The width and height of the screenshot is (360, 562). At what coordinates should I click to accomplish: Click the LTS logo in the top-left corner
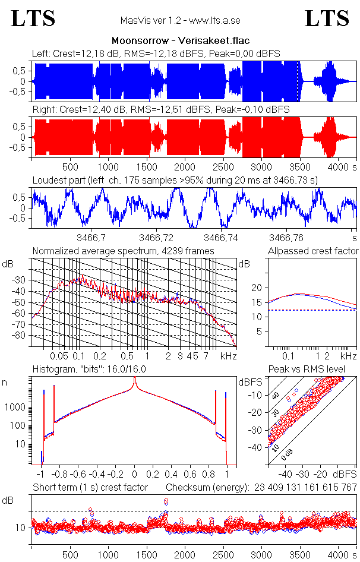click(x=33, y=18)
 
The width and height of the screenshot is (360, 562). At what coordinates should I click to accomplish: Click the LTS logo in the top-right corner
click(x=327, y=18)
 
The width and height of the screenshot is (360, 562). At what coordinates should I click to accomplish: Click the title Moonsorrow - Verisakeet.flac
click(x=180, y=41)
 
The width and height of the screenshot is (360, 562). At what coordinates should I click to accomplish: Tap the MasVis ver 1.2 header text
click(x=180, y=21)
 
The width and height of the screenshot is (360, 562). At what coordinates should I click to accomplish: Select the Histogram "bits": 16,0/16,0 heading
click(x=98, y=370)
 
